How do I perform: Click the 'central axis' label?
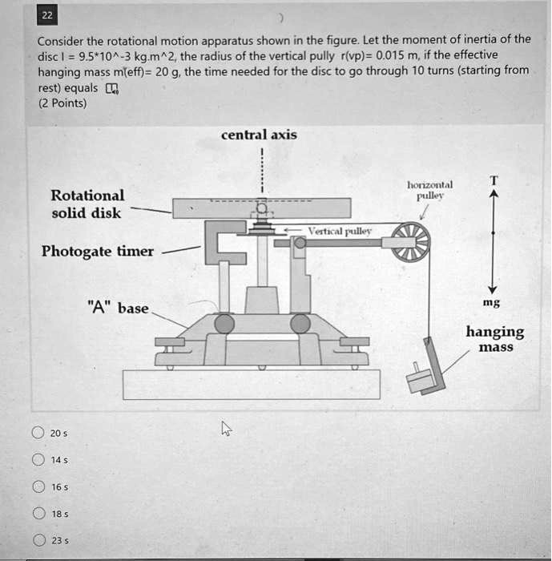pyautogui.click(x=259, y=135)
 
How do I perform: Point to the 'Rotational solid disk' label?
pyautogui.click(x=87, y=204)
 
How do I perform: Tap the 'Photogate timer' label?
pyautogui.click(x=98, y=251)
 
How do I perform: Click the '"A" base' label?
pyautogui.click(x=119, y=308)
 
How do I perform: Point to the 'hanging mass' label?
pyautogui.click(x=495, y=339)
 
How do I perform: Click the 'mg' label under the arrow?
pyautogui.click(x=493, y=304)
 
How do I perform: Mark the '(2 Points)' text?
pyautogui.click(x=61, y=103)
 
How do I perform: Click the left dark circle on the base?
pyautogui.click(x=224, y=323)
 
